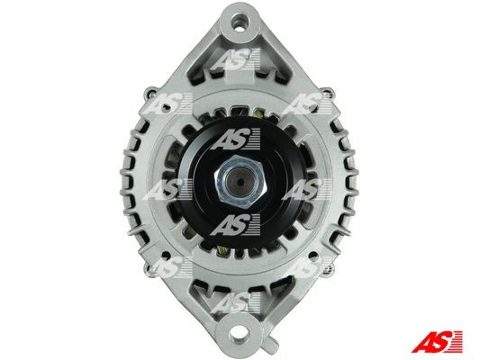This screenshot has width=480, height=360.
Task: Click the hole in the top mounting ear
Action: tap(240, 22)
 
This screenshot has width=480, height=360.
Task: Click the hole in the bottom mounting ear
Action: tap(240, 332)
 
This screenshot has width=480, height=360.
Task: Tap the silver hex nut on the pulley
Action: tap(240, 182)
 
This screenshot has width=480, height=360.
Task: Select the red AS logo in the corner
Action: tap(437, 341)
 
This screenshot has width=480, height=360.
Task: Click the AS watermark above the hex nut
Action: tap(235, 139)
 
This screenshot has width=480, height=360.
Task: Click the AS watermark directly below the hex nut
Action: tap(235, 225)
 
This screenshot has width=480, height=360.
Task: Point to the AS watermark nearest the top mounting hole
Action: tap(235, 59)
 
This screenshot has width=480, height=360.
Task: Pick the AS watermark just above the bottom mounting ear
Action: tap(235, 302)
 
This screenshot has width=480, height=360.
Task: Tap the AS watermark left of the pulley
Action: tap(168, 189)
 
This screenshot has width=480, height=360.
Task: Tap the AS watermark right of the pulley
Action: tap(306, 189)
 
